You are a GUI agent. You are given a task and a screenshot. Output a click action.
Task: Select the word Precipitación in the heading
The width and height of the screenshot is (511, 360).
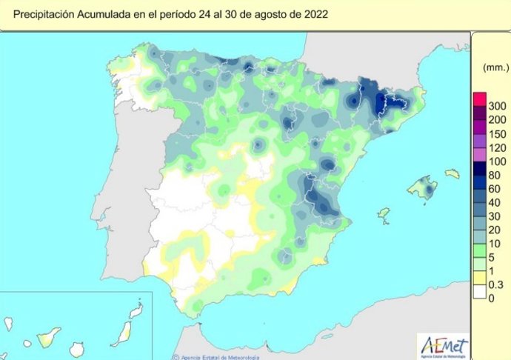click(x=47, y=14)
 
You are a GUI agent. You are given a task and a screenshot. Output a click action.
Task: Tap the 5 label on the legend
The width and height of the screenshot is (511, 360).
click(x=491, y=256)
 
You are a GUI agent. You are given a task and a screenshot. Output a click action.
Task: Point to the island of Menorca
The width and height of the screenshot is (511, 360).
click(x=452, y=174)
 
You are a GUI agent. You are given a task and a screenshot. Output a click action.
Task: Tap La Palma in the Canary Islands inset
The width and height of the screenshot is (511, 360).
click(x=9, y=324)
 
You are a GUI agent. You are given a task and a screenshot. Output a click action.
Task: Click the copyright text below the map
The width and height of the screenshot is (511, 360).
click(x=215, y=356)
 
